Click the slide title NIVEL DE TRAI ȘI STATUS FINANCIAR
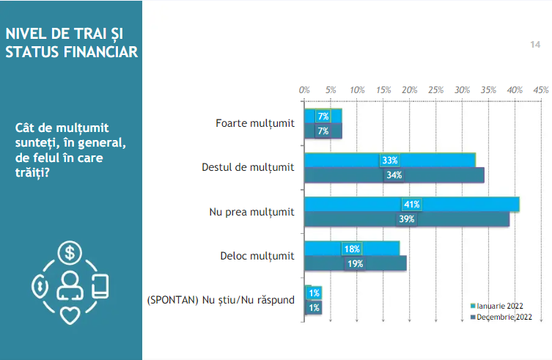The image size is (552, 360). pyautogui.click(x=71, y=43)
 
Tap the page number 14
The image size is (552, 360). pyautogui.click(x=535, y=45)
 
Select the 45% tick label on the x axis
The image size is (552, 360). pyautogui.click(x=541, y=89)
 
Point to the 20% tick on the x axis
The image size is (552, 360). pyautogui.click(x=410, y=89)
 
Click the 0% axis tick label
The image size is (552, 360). pyautogui.click(x=304, y=89)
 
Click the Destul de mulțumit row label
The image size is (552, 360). pyautogui.click(x=248, y=168)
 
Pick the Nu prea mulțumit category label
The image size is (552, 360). pyautogui.click(x=251, y=212)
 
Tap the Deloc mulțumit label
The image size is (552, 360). pyautogui.click(x=257, y=256)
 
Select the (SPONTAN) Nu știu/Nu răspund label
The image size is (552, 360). pyautogui.click(x=221, y=300)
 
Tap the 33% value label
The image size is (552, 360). pyautogui.click(x=389, y=161)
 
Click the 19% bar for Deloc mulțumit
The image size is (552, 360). pyautogui.click(x=381, y=263)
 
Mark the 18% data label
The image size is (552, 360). pyautogui.click(x=351, y=249)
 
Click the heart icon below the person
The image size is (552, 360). pyautogui.click(x=70, y=314)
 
